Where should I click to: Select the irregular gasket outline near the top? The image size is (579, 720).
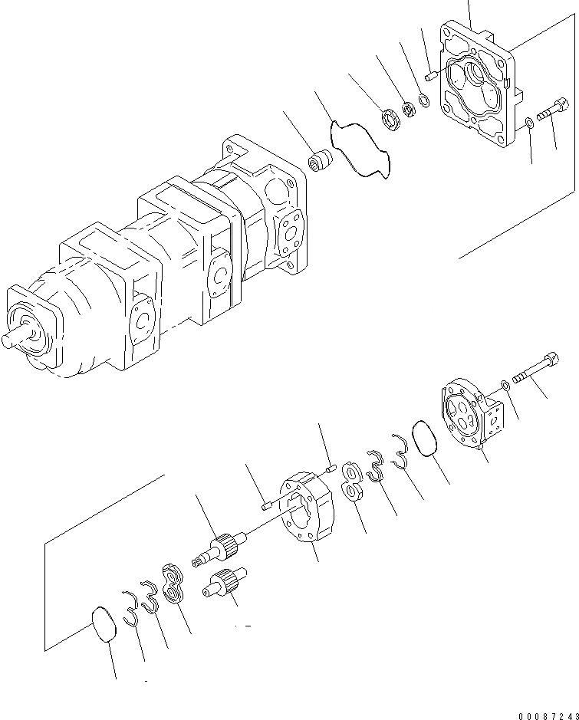358,150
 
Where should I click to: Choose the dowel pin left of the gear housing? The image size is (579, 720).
267,505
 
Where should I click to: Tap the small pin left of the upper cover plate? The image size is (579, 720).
433,74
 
